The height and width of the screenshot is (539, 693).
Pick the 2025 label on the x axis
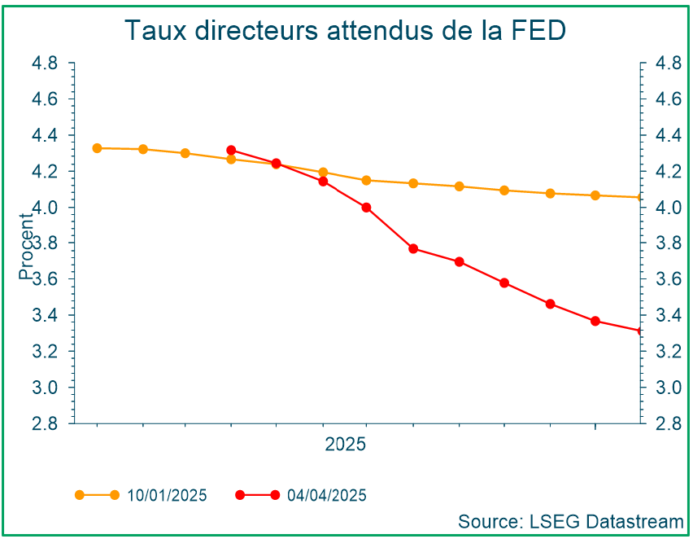[x=346, y=445]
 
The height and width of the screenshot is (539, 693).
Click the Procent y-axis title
[x=28, y=252]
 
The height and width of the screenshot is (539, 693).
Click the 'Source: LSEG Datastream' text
[x=570, y=521]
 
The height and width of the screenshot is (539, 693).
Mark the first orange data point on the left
[x=97, y=148]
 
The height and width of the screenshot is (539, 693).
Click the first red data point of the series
[x=231, y=151]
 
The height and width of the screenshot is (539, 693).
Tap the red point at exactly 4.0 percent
[x=366, y=208]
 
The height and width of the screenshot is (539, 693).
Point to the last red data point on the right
[x=639, y=331]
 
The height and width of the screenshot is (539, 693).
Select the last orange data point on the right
[x=639, y=197]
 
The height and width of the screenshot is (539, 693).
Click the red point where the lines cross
[x=276, y=164]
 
